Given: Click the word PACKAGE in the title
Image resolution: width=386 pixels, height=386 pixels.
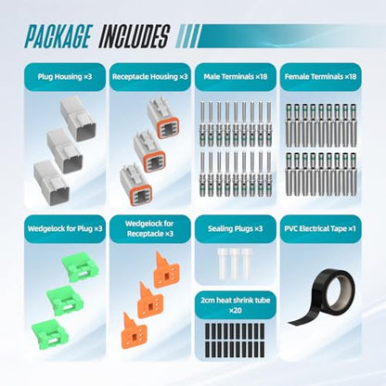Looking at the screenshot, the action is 58,36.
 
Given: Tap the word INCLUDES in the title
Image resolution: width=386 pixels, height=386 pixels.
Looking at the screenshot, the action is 135,36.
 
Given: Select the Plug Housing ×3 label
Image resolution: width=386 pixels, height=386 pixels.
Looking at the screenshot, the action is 65,77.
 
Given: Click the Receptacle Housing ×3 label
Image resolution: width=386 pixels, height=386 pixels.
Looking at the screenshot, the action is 150,77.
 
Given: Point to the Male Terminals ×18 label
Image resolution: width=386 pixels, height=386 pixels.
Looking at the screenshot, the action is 236,77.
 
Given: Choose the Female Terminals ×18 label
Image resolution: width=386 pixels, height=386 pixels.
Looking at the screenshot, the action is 321,77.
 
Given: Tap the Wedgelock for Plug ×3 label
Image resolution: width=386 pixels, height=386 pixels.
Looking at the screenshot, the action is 65,229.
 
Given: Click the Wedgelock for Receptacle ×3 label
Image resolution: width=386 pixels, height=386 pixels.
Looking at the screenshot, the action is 150,228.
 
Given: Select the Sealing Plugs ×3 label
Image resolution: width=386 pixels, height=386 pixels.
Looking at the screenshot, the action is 236,229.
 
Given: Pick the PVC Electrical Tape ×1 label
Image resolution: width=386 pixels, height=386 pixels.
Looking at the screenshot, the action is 320,229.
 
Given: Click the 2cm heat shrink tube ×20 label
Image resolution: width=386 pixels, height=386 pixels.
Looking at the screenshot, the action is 236,305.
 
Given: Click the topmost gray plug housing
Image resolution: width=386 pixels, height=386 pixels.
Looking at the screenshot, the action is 78,119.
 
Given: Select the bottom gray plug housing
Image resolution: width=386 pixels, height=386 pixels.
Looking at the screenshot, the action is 51,184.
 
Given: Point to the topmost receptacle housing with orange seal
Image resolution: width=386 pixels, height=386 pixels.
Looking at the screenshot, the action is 163,119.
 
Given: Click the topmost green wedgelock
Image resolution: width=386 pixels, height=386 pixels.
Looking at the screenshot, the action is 80,267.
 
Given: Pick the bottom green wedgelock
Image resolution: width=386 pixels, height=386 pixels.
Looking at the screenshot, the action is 50,334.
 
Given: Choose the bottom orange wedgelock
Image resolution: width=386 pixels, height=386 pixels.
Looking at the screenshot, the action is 134,332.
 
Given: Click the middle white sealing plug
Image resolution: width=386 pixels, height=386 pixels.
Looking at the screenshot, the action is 234,264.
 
